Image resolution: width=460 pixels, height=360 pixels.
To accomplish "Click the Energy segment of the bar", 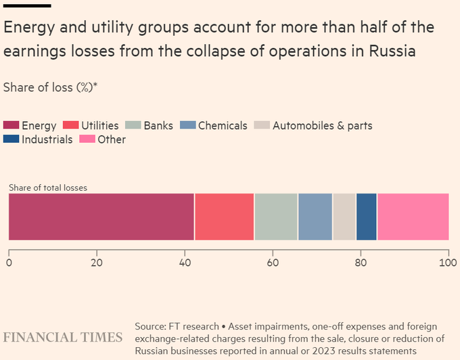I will (101, 217).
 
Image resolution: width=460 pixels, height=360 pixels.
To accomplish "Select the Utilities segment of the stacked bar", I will (225, 217).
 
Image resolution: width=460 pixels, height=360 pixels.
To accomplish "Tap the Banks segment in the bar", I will (276, 217).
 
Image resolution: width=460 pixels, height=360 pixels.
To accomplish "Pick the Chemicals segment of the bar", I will (315, 217).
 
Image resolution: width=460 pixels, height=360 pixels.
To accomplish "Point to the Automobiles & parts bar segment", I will (344, 217).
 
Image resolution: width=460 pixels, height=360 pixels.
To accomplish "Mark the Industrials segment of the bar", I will (367, 217).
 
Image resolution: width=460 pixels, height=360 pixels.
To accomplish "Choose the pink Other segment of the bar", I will (413, 217).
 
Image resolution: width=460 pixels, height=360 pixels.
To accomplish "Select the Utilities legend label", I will (99, 125).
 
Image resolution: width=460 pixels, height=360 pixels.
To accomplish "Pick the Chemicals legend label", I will (223, 125).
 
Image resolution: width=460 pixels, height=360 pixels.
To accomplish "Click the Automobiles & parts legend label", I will (322, 125).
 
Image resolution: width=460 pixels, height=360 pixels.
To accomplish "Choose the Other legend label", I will (112, 139).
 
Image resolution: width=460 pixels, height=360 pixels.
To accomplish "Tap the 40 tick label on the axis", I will (185, 262).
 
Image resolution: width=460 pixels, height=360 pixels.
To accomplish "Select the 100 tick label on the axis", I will (448, 262).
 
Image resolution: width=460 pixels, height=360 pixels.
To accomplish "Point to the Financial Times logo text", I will (63, 337).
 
